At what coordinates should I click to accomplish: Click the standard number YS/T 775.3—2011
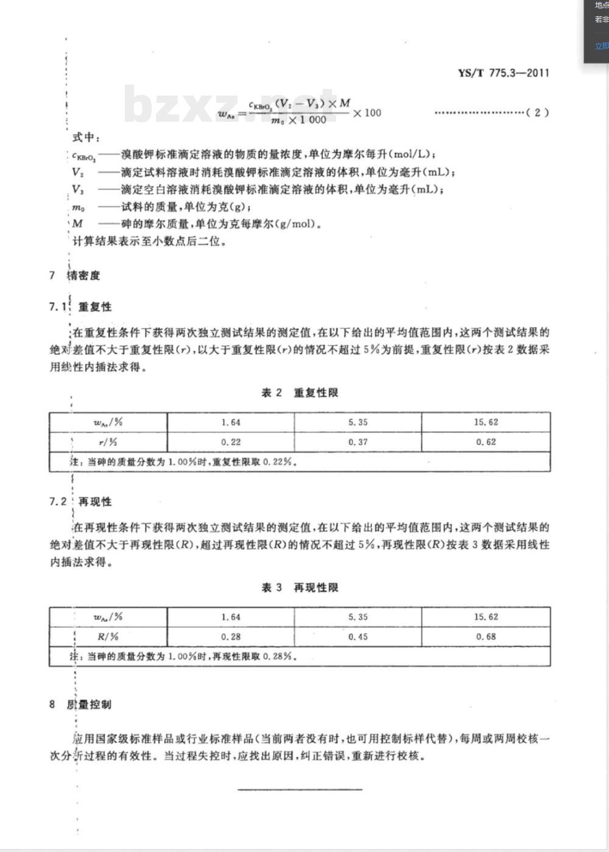tap(503, 73)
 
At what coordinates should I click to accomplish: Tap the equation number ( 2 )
tap(537, 113)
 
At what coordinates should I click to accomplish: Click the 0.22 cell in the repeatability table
tap(231, 442)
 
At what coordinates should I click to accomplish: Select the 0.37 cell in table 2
tap(358, 442)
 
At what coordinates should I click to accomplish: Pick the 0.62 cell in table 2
tap(486, 442)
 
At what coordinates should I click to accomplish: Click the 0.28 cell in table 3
tap(231, 637)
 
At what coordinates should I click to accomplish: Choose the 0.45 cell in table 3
tap(358, 637)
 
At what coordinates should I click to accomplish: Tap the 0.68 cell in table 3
tap(486, 637)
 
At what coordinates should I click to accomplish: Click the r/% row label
tap(108, 442)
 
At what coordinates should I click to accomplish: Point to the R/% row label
tap(108, 637)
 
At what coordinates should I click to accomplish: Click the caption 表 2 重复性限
tap(300, 393)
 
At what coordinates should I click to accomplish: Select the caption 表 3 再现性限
tap(300, 588)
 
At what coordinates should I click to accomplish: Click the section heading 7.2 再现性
tap(80, 501)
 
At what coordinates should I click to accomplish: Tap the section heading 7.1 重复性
tap(80, 307)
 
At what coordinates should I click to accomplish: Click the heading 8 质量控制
tap(80, 705)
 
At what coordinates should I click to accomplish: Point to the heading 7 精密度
tap(75, 276)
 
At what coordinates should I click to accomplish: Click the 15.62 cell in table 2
tap(486, 422)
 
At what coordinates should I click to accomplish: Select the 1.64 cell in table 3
tap(231, 617)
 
